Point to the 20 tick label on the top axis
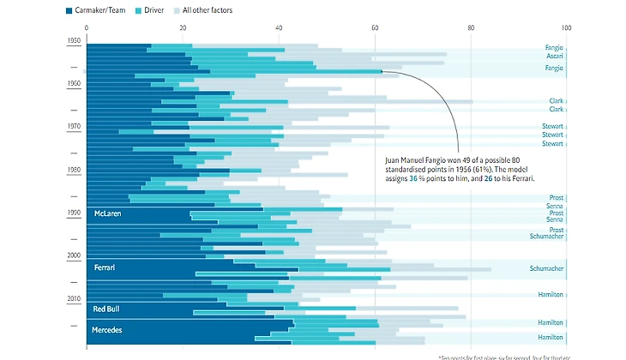183,28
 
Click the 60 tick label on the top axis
375,28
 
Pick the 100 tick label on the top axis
566,28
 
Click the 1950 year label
75,40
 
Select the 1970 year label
75,127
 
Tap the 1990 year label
75,213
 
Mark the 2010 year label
75,298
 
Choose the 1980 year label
75,170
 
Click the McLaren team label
109,213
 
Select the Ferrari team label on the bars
105,268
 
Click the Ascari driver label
554,56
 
